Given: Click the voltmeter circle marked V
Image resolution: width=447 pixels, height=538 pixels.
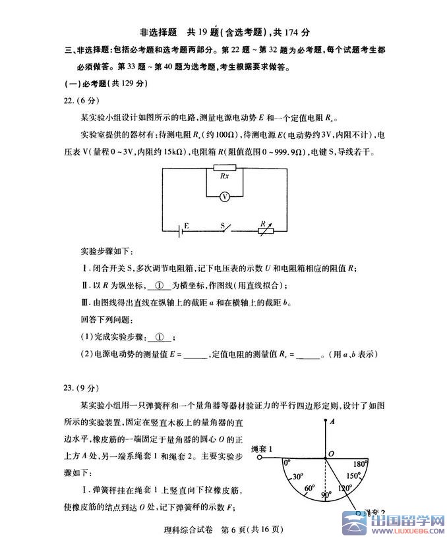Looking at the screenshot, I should point(225,196).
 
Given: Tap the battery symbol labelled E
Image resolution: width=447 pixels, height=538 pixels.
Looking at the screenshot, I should point(179,230).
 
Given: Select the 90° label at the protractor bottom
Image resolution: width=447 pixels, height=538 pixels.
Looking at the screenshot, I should point(325,494).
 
